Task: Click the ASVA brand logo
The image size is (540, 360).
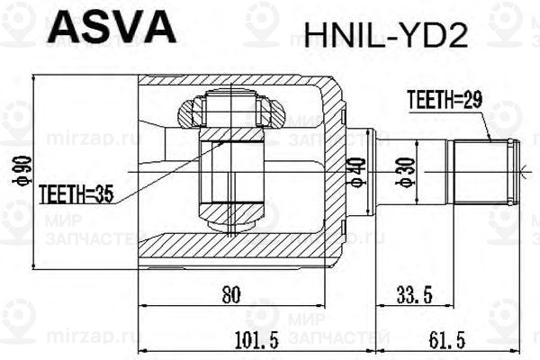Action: point(110,28)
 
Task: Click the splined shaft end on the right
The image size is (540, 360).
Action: point(481,169)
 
